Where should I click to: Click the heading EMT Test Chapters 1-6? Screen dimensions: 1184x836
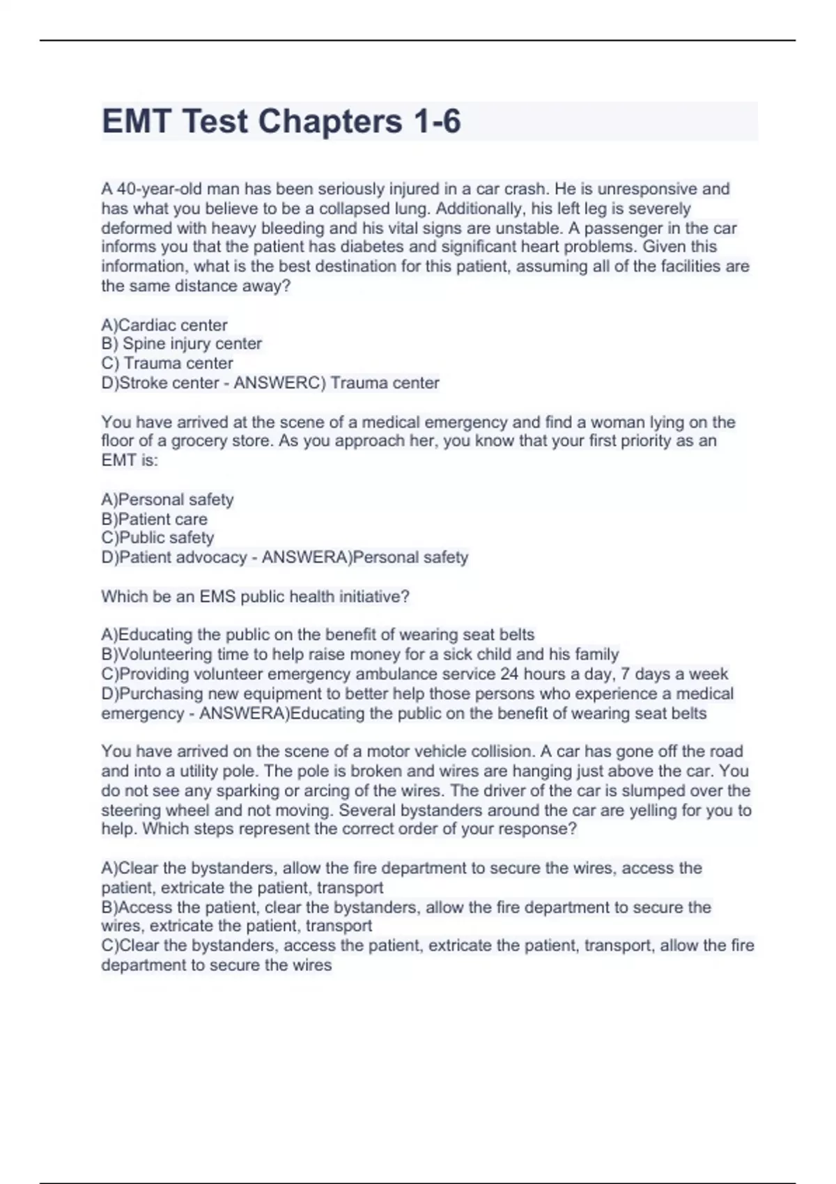pos(281,121)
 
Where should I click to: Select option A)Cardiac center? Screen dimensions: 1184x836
pos(164,325)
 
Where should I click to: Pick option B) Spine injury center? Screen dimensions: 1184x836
pos(182,343)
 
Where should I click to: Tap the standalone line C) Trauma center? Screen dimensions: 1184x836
pos(167,363)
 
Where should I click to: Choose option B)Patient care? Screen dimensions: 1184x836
pos(154,519)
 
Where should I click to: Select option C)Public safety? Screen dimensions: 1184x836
pos(157,538)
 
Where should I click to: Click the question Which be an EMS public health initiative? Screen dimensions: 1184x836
pos(255,596)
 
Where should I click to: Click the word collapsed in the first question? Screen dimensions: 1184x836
pos(353,208)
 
